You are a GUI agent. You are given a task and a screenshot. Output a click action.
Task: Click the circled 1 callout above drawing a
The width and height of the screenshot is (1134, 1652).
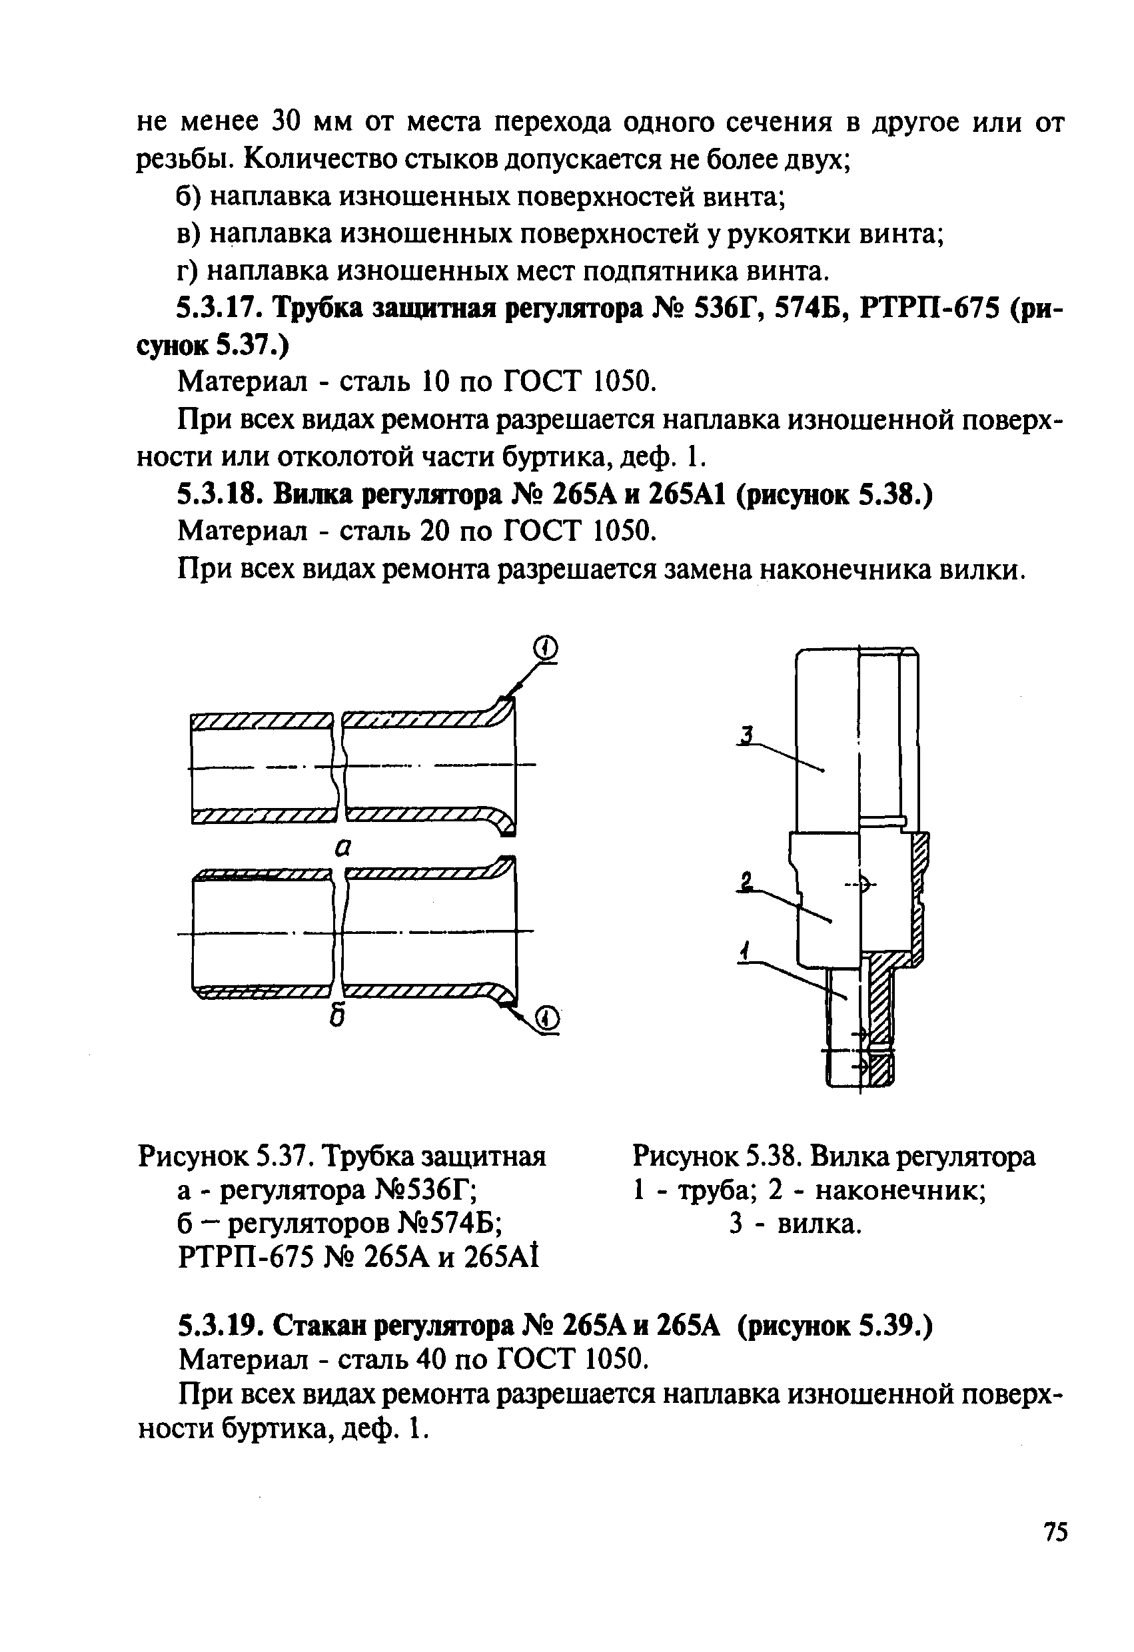[545, 647]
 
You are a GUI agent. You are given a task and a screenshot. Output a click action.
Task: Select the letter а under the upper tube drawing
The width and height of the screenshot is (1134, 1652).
[344, 846]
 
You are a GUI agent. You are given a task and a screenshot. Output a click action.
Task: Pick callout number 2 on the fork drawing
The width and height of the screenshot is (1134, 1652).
[745, 882]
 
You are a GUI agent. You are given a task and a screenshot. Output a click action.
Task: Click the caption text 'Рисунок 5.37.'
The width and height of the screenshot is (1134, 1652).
[226, 1157]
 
